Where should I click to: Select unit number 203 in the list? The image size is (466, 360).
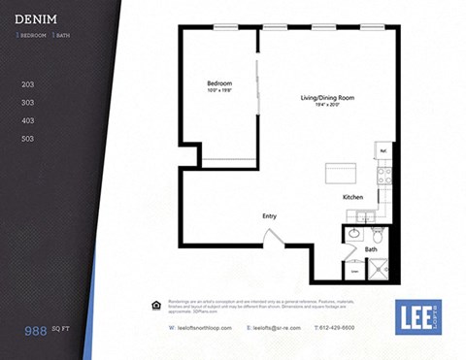tap(27, 84)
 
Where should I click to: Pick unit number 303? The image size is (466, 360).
tap(27, 102)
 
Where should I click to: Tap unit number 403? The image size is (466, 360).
tap(27, 120)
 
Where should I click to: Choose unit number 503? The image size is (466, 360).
tap(27, 139)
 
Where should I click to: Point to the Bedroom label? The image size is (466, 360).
tap(219, 84)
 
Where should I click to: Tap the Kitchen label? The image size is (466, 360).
tap(353, 197)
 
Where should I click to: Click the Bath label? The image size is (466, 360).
tap(370, 249)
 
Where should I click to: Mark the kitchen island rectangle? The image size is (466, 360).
tap(340, 175)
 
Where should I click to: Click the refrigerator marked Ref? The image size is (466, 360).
tap(383, 152)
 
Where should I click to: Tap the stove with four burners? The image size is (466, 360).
tap(384, 176)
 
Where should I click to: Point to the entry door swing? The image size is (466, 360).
tap(273, 238)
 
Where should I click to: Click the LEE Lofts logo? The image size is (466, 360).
tap(418, 316)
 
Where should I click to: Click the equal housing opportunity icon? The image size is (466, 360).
tap(157, 305)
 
